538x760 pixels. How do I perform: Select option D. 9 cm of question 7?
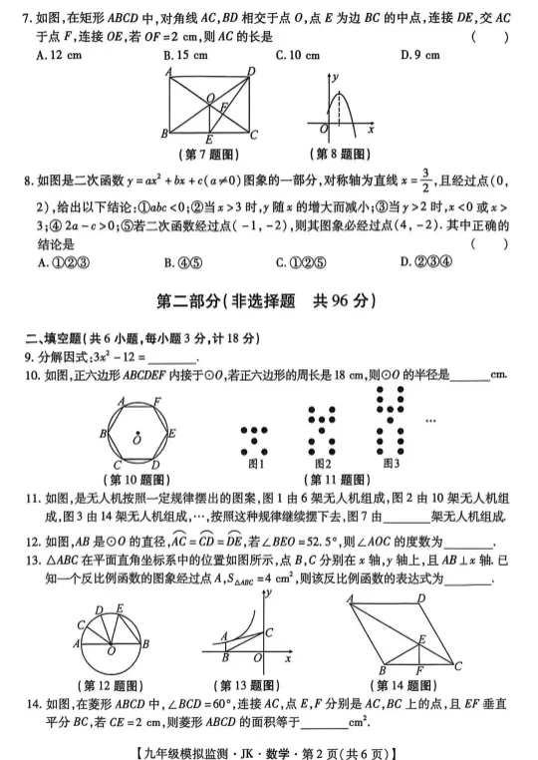(416, 55)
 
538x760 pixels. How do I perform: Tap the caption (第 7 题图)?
(212, 154)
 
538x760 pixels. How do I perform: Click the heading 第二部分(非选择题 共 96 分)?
(268, 300)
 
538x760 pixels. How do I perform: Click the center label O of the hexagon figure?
(136, 439)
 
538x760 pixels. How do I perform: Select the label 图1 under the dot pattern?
(256, 463)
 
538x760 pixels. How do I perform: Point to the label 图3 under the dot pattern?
(391, 463)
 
